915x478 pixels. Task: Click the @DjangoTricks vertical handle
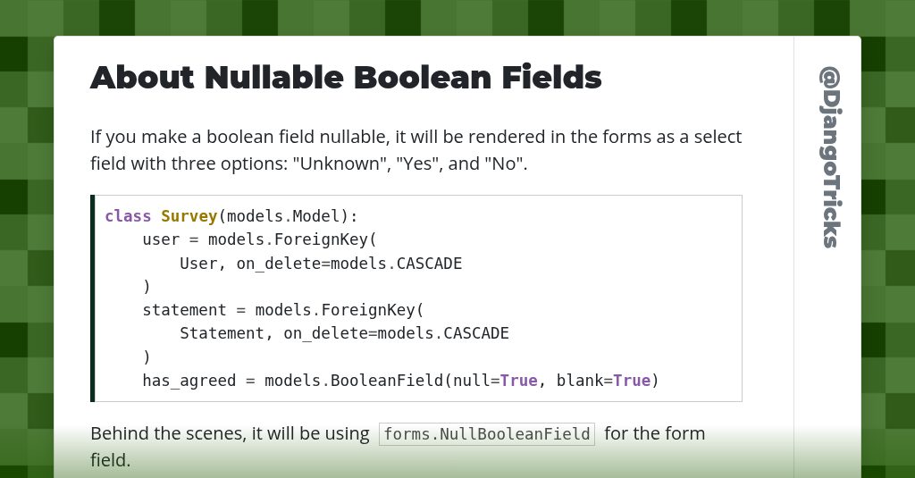tap(829, 157)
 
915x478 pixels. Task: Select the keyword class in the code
tap(128, 216)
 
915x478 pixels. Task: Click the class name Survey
tap(189, 216)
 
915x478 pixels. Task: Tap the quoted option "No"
tap(504, 164)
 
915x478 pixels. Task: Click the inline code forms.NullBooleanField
tap(487, 434)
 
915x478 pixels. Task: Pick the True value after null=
tap(518, 381)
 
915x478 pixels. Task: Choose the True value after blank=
tap(631, 381)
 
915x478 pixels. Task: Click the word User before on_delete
tap(198, 264)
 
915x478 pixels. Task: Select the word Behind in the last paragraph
tap(118, 434)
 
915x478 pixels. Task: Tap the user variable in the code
tap(162, 239)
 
